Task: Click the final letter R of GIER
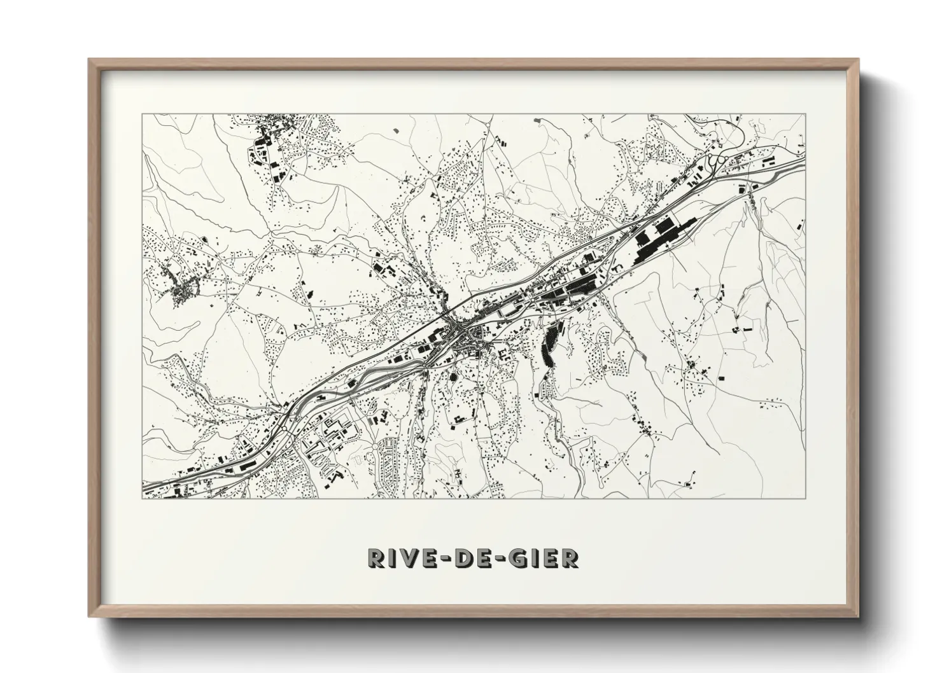coord(570,558)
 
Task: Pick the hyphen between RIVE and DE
coord(449,559)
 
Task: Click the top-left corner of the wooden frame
coord(89,60)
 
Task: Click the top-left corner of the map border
coord(143,113)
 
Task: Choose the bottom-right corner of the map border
coord(806,498)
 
